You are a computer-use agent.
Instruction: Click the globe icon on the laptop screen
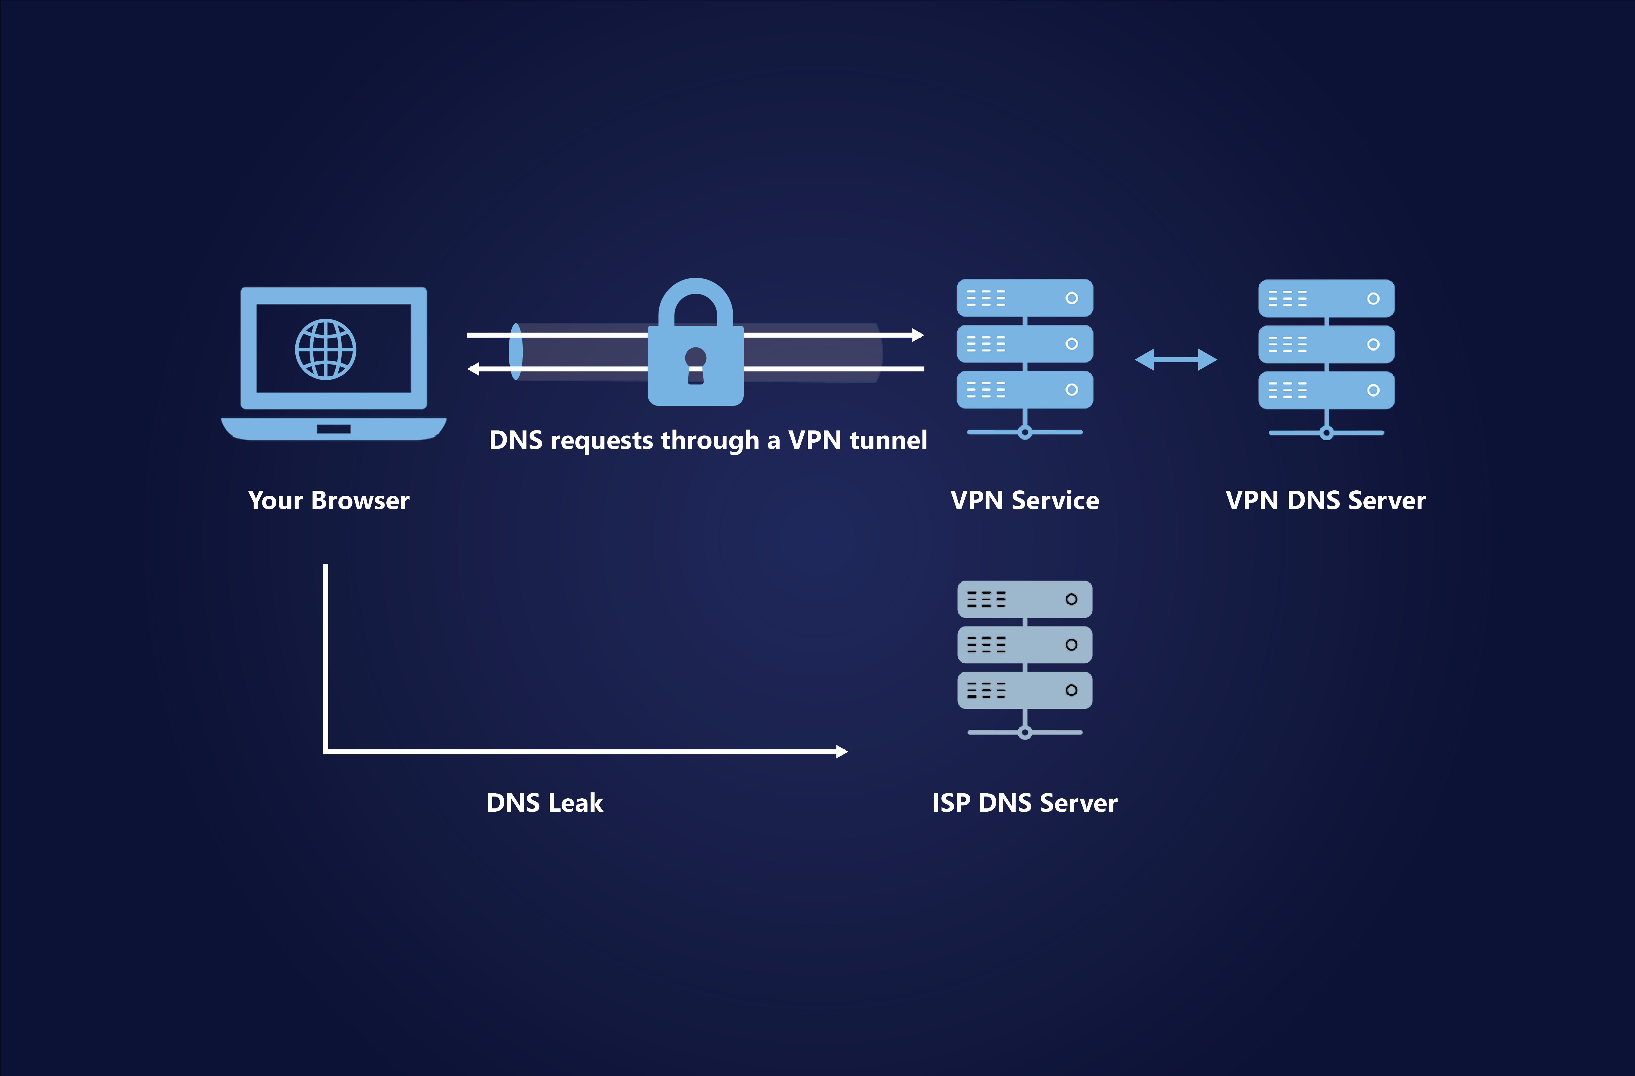(326, 349)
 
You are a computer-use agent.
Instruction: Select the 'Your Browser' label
(328, 500)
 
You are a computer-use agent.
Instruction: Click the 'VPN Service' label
(1024, 500)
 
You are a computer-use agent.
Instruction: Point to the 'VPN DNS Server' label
(1325, 500)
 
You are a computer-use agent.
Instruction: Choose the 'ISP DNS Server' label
(1024, 802)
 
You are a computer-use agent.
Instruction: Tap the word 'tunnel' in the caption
(888, 440)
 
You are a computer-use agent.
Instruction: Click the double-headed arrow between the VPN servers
(1175, 359)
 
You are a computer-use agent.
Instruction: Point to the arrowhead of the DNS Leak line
(842, 752)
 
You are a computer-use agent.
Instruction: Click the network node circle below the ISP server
(1025, 732)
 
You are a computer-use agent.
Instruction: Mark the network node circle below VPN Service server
(1025, 432)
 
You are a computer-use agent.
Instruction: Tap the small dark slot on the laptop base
(334, 429)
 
